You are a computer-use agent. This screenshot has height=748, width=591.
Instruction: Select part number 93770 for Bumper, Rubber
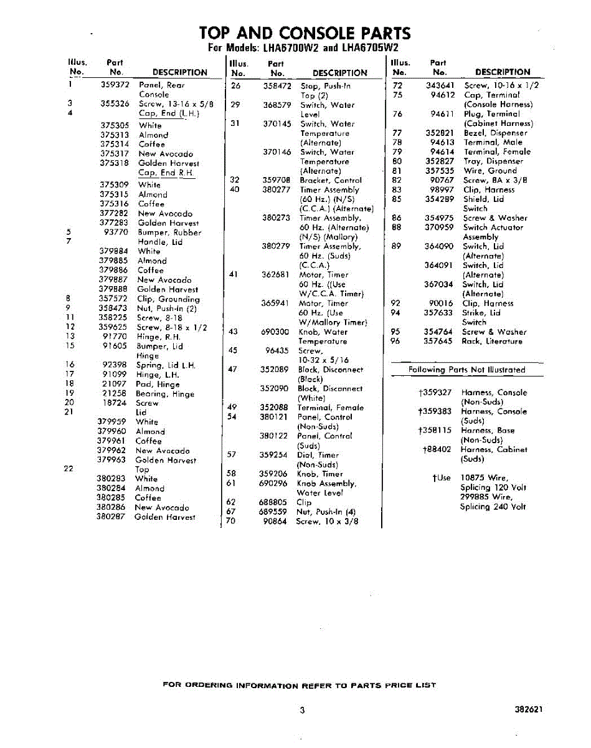116,233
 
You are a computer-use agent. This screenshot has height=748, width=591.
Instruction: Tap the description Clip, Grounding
168,299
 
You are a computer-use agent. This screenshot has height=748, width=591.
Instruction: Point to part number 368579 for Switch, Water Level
277,105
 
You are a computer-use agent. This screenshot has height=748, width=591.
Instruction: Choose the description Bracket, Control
330,180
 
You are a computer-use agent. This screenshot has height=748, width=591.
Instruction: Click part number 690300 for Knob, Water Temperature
275,332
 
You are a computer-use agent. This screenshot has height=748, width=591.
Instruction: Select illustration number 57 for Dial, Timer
231,455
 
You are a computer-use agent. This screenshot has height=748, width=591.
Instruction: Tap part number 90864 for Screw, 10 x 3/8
275,522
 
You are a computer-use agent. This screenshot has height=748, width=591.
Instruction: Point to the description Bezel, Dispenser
495,133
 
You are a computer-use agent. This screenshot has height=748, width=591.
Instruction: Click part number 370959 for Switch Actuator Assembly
439,228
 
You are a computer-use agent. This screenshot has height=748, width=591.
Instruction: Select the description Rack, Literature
492,342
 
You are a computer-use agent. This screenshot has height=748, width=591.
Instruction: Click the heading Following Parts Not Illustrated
466,370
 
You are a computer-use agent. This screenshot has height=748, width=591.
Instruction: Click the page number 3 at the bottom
302,710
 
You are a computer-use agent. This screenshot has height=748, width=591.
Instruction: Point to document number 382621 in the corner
529,709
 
